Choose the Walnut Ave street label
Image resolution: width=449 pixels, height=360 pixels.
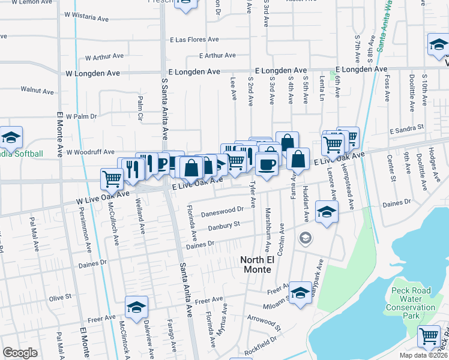(37, 90)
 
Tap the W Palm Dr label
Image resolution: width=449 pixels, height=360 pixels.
(81, 116)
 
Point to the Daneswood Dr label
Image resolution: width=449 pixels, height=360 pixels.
(221, 209)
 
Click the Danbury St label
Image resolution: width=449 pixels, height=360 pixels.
(224, 226)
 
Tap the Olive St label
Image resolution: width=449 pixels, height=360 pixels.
(60, 297)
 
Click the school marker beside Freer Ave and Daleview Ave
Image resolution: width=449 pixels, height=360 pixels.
(136, 308)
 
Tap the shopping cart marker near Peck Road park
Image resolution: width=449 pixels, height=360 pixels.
(429, 336)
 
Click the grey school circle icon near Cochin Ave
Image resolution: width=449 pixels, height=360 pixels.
(306, 239)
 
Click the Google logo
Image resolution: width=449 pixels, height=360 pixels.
(20, 353)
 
